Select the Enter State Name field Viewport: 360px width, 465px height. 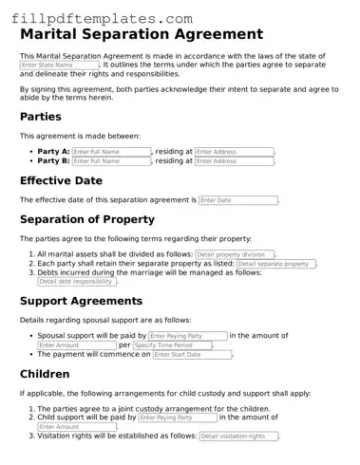pos(58,65)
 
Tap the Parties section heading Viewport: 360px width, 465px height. pos(41,118)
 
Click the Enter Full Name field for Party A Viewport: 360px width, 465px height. pos(111,152)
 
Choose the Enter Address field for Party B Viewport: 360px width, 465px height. pos(234,161)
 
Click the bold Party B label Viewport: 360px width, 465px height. pos(53,161)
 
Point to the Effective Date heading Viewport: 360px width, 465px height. pos(61,180)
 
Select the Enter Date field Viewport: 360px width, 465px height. pos(237,200)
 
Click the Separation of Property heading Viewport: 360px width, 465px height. pos(100,220)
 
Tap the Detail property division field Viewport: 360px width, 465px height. pos(234,254)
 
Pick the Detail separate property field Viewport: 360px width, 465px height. pos(275,264)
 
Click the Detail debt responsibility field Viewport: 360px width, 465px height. pos(77,282)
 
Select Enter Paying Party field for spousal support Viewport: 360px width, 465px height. pos(187,336)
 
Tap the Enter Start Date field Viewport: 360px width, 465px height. pos(191,355)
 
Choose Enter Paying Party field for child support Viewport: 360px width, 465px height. pos(177,418)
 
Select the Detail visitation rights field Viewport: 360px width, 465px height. pos(237,437)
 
